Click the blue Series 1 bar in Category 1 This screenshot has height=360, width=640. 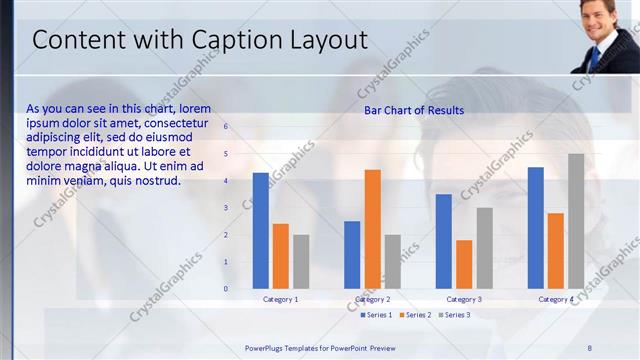260,231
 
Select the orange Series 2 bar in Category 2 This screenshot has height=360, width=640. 372,229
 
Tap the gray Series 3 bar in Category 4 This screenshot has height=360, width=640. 576,221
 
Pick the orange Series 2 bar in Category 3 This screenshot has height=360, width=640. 464,264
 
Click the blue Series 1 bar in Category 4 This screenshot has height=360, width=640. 536,228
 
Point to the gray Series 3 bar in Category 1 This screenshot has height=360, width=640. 301,262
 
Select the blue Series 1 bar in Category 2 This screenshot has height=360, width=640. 352,255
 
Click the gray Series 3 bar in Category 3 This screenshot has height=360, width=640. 484,248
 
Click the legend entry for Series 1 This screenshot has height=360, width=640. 376,315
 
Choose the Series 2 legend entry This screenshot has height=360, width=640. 417,315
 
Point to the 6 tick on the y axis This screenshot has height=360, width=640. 226,127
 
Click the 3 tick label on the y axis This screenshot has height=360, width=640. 226,208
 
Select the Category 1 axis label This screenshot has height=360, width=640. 280,299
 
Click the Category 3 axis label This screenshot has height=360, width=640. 464,299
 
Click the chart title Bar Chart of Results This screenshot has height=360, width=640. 414,110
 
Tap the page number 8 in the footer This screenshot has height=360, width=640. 589,347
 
